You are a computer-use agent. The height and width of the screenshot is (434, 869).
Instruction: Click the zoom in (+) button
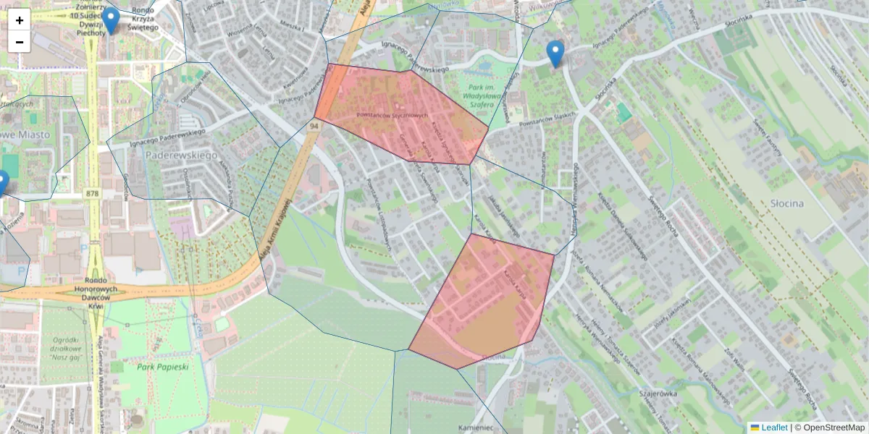[x=20, y=20]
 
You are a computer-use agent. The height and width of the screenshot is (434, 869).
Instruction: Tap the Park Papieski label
[x=163, y=367]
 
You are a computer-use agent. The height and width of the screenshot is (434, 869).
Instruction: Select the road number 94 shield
[x=314, y=126]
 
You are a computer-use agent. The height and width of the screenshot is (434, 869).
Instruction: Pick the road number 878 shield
[x=92, y=193]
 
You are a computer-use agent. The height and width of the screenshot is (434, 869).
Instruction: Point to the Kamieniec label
[x=476, y=427]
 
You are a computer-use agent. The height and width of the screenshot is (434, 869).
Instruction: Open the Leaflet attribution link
[x=768, y=427]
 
